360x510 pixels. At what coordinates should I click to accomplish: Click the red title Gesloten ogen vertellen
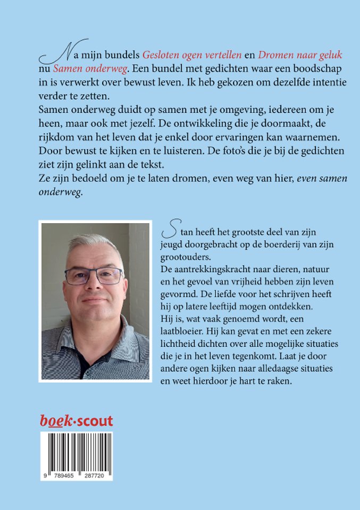click(x=192, y=55)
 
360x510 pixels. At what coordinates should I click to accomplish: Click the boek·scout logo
click(x=77, y=421)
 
